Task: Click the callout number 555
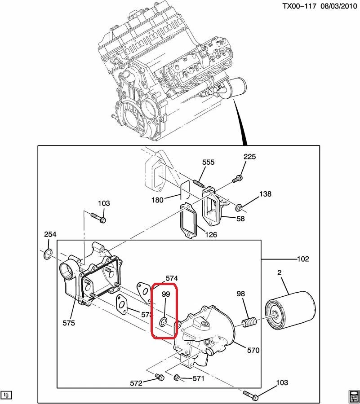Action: pyautogui.click(x=208, y=162)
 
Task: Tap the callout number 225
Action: pyautogui.click(x=249, y=157)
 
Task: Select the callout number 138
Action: pyautogui.click(x=265, y=194)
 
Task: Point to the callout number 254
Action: pyautogui.click(x=50, y=235)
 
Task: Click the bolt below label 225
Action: pyautogui.click(x=237, y=178)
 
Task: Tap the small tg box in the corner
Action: pyautogui.click(x=6, y=395)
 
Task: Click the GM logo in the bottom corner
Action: pyautogui.click(x=353, y=396)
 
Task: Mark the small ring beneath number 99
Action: pyautogui.click(x=164, y=321)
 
